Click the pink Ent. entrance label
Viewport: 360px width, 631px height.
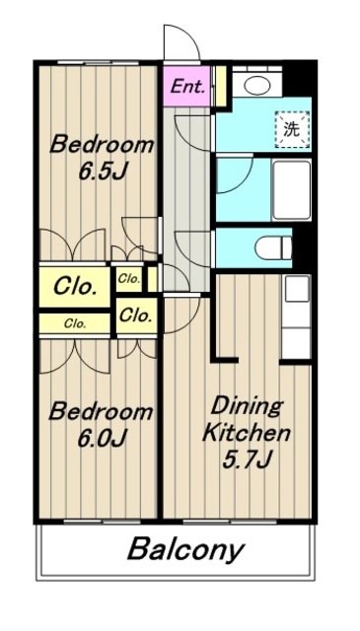187,87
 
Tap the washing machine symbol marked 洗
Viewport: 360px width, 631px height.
292,129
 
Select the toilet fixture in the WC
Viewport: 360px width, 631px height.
273,247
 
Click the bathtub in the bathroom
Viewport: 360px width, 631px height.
292,190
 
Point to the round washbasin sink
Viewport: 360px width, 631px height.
256,86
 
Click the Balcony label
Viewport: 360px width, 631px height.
186,550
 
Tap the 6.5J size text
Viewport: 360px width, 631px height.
103,172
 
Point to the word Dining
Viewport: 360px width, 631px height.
247,407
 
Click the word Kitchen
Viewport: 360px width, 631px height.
247,433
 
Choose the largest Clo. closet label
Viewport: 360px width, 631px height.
75,287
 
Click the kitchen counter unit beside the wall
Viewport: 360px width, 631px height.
296,317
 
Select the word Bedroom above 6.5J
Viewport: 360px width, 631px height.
102,145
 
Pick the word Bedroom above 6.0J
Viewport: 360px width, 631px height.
101,412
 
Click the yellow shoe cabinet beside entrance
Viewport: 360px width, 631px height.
221,86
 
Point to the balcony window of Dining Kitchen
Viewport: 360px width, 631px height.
231,522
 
